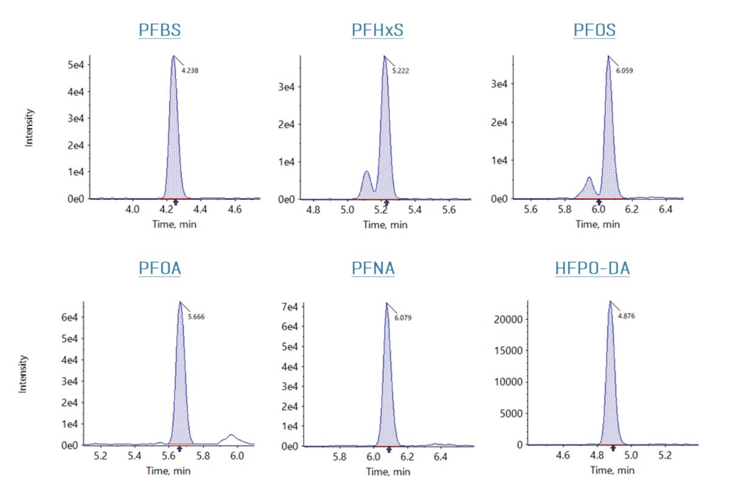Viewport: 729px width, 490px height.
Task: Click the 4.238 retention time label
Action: [190, 71]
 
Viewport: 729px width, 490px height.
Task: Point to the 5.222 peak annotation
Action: [400, 71]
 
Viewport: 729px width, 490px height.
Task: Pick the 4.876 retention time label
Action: [628, 317]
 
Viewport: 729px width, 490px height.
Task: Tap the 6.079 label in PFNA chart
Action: [403, 317]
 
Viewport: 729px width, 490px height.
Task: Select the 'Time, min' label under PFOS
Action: [598, 224]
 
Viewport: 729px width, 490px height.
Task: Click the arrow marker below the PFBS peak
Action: [176, 202]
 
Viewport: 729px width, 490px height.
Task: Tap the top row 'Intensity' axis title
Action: [29, 128]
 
